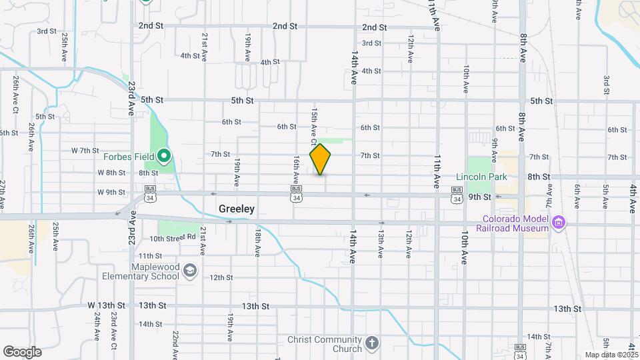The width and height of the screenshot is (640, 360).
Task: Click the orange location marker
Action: tap(320, 159)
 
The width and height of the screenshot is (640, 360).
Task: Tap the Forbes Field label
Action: tap(129, 157)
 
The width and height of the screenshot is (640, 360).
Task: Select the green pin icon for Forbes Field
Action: tap(164, 157)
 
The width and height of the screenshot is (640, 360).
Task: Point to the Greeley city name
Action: tap(237, 209)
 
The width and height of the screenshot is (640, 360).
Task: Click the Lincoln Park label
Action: tap(481, 177)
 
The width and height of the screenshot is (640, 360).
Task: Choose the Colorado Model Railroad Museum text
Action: tap(513, 223)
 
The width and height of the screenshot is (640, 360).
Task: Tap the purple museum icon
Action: tap(559, 221)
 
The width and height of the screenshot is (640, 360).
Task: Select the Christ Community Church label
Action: tap(325, 344)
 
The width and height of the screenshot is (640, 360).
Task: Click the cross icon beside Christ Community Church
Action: tap(372, 343)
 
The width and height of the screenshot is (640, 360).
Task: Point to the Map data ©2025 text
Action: tap(612, 355)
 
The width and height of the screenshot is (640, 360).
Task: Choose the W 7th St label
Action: tap(85, 151)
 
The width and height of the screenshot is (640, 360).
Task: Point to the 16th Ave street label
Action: tap(295, 171)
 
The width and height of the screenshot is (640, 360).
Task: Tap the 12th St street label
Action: tap(221, 277)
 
